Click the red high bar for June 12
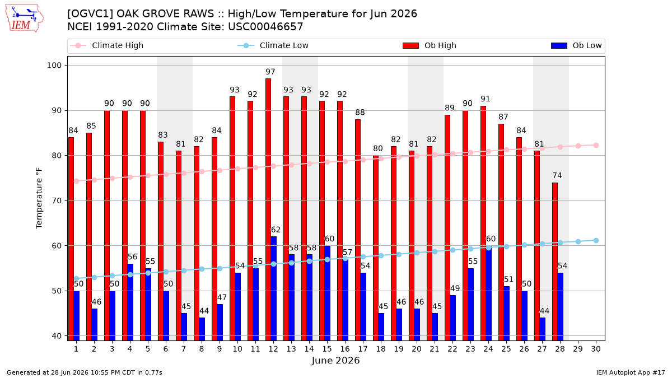point(268,209)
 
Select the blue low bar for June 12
point(274,288)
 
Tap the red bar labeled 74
point(555,262)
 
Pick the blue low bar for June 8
point(202,329)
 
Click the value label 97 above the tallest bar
point(270,72)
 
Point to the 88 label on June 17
point(360,112)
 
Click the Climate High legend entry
point(107,45)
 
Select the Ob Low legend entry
point(576,45)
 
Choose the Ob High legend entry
point(430,45)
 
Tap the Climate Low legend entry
point(273,45)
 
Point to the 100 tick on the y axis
point(54,66)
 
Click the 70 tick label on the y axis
point(57,200)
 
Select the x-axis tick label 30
point(596,349)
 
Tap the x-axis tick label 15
point(327,349)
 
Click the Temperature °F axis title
point(39,198)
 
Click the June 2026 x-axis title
point(335,360)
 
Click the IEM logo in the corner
point(25,18)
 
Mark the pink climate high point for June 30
point(596,145)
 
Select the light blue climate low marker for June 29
point(578,241)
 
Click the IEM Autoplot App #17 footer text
point(631,372)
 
